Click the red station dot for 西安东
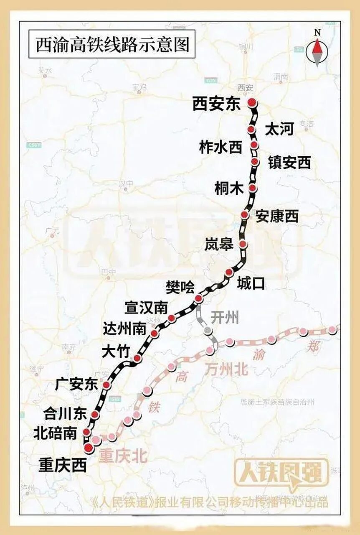coord(251,102)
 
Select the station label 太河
coord(279,130)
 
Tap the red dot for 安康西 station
coord(245,214)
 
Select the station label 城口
coord(251,284)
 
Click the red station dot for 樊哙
coord(199,298)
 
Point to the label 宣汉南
coord(146,308)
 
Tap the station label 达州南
coord(124,329)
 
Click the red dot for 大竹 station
coord(137,358)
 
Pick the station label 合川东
coord(65,414)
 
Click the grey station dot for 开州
coord(208,331)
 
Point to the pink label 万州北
coord(226,369)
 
